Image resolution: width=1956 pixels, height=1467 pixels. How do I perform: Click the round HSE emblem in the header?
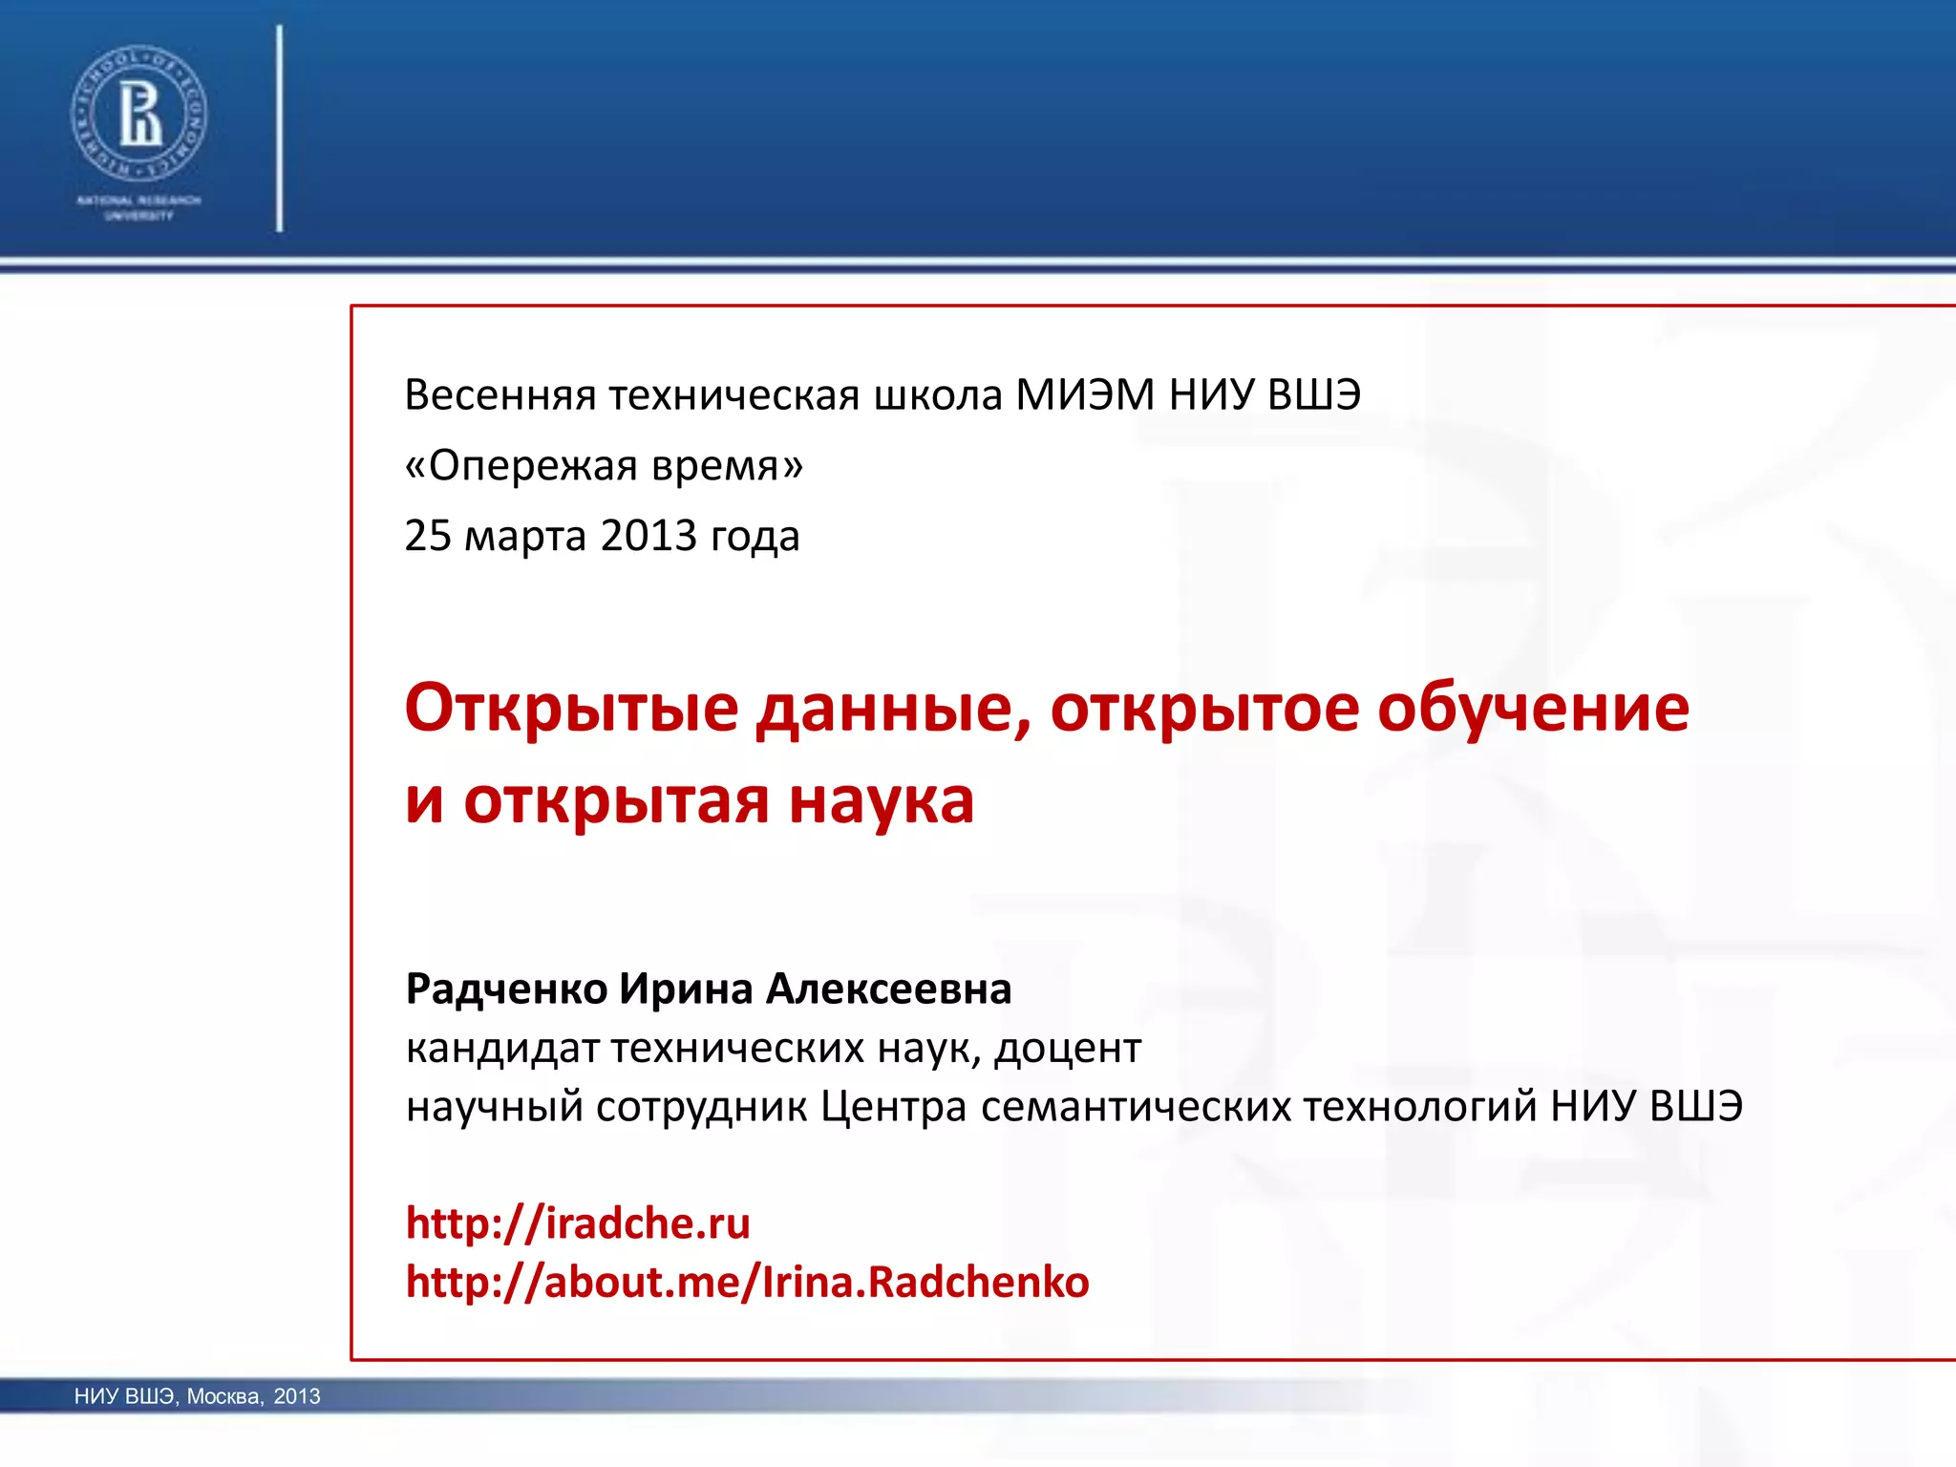click(x=138, y=112)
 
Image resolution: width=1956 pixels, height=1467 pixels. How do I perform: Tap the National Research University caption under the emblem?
click(x=138, y=208)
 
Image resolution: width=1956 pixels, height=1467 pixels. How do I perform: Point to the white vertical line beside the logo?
click(x=280, y=129)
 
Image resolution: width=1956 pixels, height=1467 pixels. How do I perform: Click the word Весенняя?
click(x=500, y=395)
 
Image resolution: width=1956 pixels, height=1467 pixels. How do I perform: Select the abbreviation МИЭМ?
click(x=1084, y=395)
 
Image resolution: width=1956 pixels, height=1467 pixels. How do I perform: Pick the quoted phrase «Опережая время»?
click(x=604, y=466)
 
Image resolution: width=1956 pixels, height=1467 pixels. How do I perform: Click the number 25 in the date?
click(x=427, y=536)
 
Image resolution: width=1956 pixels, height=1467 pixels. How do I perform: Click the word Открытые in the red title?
click(x=571, y=709)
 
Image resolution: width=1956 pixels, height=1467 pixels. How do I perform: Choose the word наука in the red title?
click(x=881, y=800)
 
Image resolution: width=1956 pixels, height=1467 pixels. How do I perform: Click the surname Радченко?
click(x=506, y=989)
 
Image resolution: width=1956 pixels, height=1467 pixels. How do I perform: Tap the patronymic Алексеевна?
click(x=888, y=989)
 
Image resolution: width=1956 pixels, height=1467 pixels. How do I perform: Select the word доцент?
click(x=1067, y=1049)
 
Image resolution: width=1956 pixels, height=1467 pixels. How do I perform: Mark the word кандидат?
click(x=501, y=1049)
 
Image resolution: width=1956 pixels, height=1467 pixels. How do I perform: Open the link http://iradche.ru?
click(x=578, y=1223)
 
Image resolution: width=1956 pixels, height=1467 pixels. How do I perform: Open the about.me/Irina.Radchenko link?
click(x=747, y=1283)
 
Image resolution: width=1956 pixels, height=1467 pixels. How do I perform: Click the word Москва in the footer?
click(x=223, y=1396)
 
